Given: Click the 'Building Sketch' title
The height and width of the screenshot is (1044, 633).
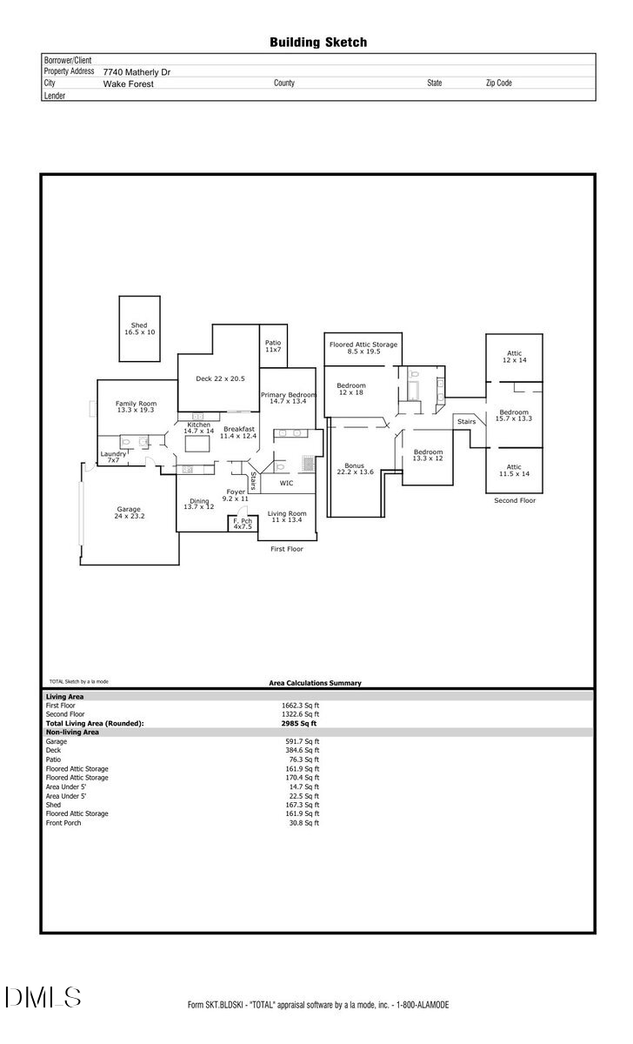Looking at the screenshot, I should point(317,42).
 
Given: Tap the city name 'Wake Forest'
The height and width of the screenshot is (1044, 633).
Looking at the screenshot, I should point(128,84).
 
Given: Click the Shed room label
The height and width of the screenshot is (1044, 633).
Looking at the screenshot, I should point(139,329).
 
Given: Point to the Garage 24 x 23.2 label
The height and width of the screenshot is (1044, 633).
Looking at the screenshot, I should point(129,513).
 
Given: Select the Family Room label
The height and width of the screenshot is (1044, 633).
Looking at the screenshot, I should point(136,406).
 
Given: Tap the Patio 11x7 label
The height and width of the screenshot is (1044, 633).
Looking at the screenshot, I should point(273,345).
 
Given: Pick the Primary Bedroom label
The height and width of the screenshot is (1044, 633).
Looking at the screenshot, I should point(288,398).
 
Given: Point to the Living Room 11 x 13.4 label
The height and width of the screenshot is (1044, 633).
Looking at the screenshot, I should point(286,517).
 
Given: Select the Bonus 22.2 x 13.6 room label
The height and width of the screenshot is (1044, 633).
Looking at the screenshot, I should point(354,469).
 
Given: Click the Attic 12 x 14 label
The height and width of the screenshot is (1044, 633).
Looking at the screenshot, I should point(515,356).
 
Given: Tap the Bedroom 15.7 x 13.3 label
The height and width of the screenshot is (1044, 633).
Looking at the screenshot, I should point(513,415).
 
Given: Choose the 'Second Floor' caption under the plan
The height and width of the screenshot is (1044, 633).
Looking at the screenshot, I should point(515,500).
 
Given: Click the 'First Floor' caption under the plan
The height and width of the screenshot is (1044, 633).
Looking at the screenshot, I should point(286,549).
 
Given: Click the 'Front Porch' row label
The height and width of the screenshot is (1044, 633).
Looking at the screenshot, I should point(63,822).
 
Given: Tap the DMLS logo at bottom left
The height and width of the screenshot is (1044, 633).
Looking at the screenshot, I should point(43,997).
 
